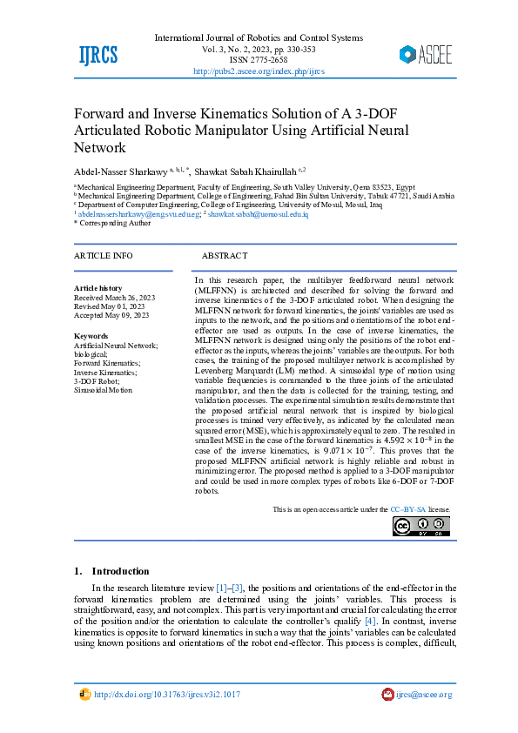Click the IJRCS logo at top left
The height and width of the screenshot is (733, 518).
click(x=98, y=55)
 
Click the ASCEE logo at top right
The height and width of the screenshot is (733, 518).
click(x=426, y=55)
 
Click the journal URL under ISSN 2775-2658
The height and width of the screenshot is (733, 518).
click(x=259, y=71)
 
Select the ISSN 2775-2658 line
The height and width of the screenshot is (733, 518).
click(x=259, y=61)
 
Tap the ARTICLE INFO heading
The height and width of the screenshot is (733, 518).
click(x=104, y=256)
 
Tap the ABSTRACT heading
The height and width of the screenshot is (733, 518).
click(x=225, y=256)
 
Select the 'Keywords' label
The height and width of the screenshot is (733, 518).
click(x=91, y=336)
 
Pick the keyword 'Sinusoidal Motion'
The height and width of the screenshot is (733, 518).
click(x=104, y=390)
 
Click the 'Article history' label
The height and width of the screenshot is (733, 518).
click(x=98, y=287)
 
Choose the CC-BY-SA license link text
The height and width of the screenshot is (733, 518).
click(x=407, y=508)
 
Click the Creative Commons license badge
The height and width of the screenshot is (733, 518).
click(x=421, y=526)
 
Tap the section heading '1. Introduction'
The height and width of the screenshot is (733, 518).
click(x=112, y=571)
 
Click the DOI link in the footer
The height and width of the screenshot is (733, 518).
click(x=166, y=695)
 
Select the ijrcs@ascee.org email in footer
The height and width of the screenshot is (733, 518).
click(x=424, y=695)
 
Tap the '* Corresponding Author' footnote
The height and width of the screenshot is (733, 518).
click(x=111, y=223)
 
